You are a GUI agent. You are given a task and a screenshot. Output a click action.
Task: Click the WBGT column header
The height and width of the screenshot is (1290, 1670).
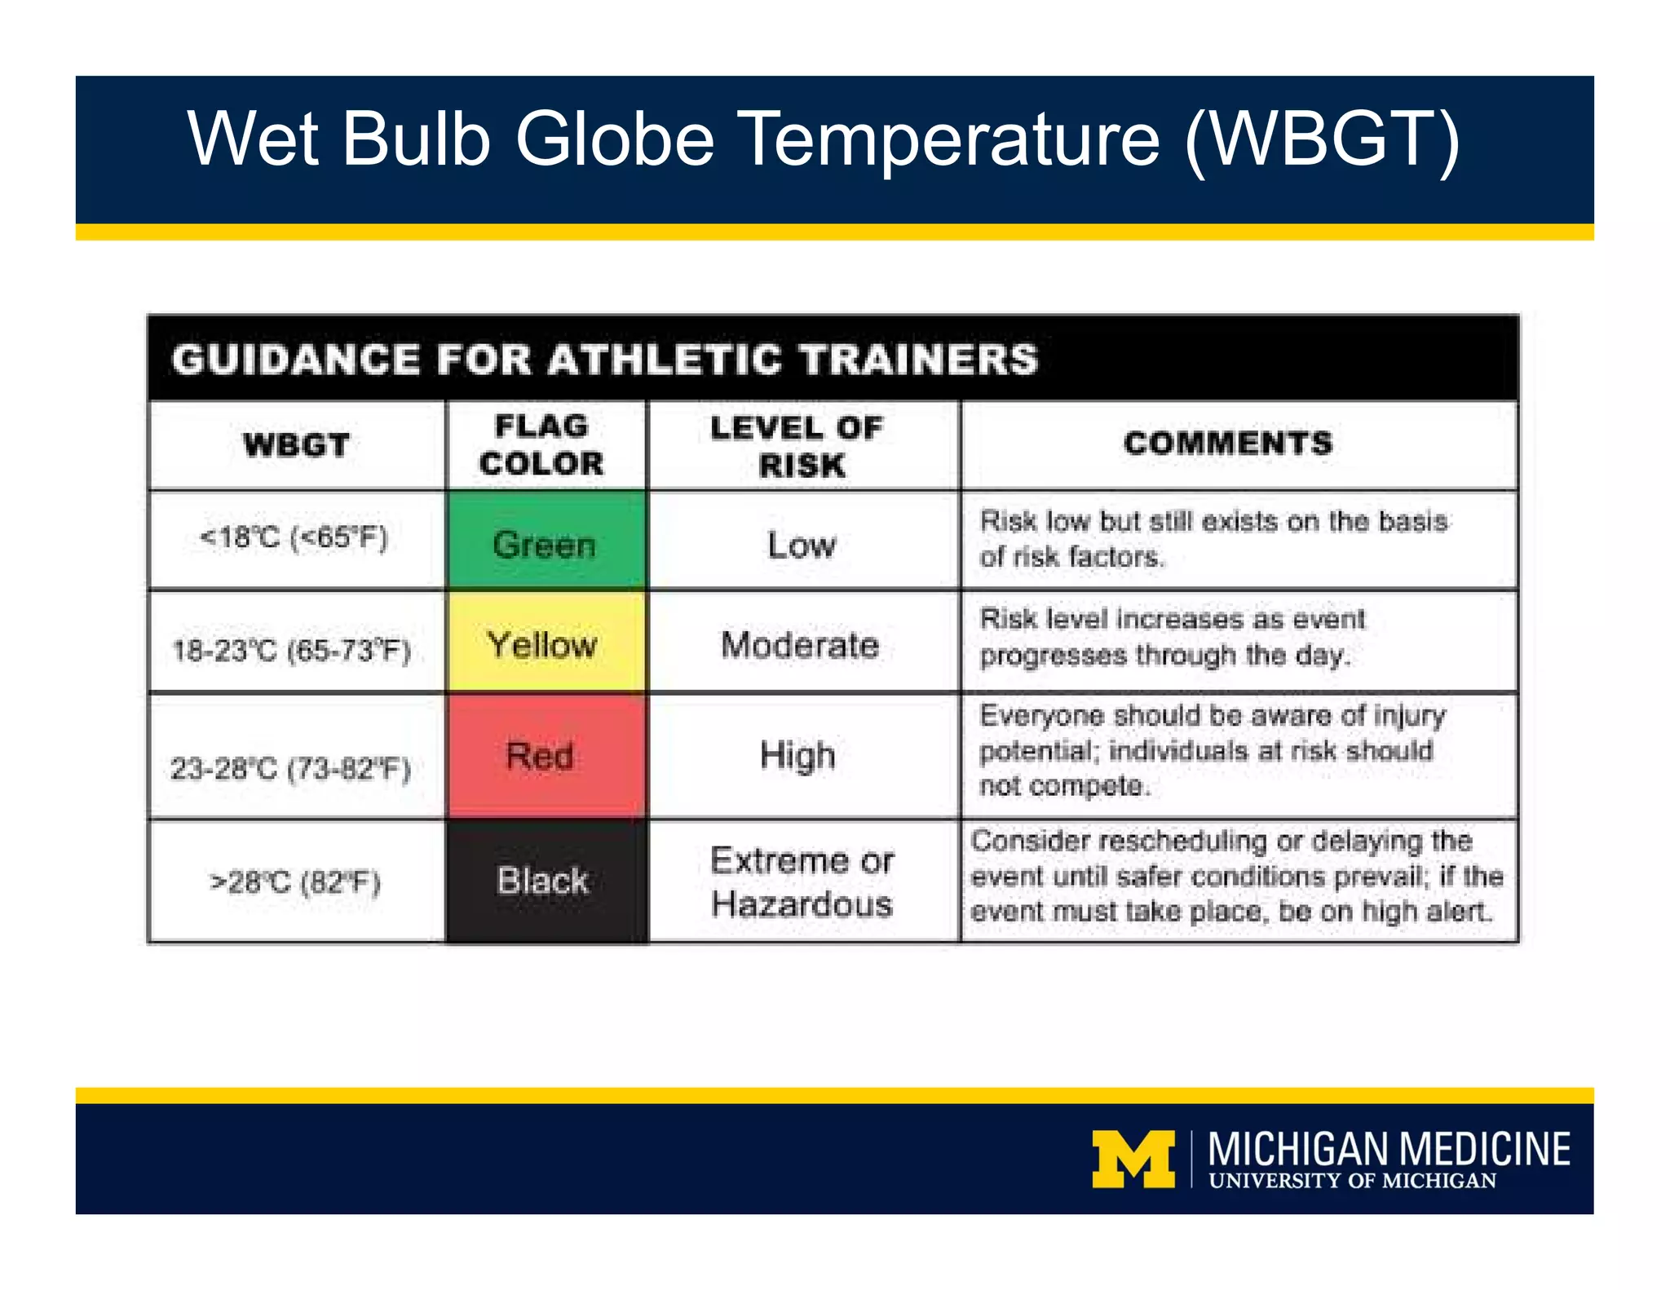click(297, 445)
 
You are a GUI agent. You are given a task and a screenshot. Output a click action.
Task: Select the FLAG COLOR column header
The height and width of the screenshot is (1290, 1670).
click(542, 445)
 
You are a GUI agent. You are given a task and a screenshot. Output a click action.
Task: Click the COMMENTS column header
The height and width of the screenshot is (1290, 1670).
click(1228, 443)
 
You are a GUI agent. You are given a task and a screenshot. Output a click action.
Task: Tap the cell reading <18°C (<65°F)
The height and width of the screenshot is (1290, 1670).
click(294, 538)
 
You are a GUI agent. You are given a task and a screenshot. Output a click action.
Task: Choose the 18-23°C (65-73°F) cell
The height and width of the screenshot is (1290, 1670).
click(292, 650)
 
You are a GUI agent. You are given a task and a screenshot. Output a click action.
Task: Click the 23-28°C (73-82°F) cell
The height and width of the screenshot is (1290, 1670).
click(291, 767)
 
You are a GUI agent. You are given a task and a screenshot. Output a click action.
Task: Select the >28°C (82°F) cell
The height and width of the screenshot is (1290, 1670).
click(295, 882)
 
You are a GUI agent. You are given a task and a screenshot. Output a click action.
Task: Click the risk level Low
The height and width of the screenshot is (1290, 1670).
click(802, 545)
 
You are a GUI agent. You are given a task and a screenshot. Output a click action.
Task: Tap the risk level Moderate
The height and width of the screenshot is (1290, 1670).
click(800, 645)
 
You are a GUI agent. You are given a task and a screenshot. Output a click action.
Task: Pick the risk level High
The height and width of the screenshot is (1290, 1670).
click(798, 755)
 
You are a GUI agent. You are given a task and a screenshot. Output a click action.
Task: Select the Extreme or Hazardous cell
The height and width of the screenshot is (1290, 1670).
click(802, 882)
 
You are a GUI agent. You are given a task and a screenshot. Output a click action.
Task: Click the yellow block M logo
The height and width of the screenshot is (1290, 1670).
click(1133, 1159)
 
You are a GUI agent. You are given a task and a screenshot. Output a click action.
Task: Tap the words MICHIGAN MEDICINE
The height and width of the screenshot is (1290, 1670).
click(1389, 1148)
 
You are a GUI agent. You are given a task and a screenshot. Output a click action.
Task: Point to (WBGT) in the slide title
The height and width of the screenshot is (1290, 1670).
click(1322, 139)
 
